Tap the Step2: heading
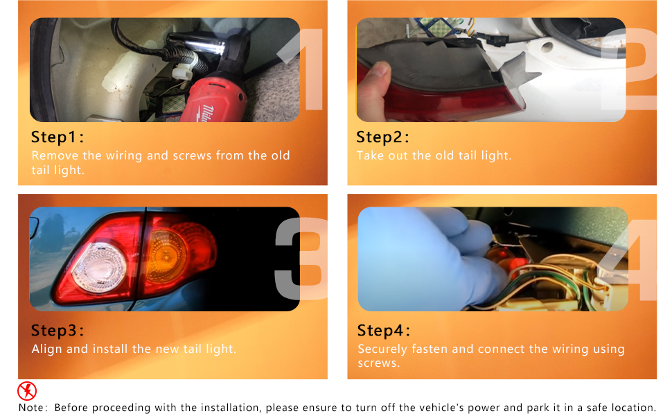(x=382, y=137)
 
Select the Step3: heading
(x=58, y=330)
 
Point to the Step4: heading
(x=384, y=331)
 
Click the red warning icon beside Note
(x=27, y=391)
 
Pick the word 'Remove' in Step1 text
(x=55, y=155)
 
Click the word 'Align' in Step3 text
(x=46, y=349)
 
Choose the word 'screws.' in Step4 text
(x=378, y=363)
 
